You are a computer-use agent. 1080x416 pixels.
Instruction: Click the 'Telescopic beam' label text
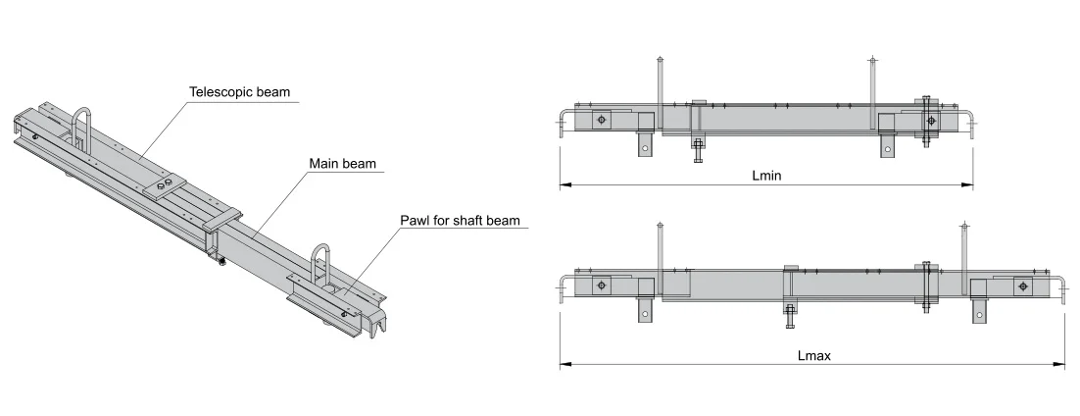pyautogui.click(x=241, y=92)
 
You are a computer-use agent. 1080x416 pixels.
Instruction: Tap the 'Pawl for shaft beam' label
pyautogui.click(x=459, y=221)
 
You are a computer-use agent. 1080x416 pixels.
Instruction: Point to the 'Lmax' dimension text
pyautogui.click(x=813, y=355)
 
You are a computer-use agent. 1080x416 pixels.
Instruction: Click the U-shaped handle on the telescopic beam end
pyautogui.click(x=82, y=127)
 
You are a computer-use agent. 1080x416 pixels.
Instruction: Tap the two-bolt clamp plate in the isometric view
pyautogui.click(x=163, y=185)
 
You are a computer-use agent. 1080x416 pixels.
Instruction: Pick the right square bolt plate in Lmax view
pyautogui.click(x=1022, y=286)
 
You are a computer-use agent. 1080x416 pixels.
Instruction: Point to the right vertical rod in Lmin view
pyautogui.click(x=870, y=93)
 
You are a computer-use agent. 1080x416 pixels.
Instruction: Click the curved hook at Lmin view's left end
pyautogui.click(x=562, y=118)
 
